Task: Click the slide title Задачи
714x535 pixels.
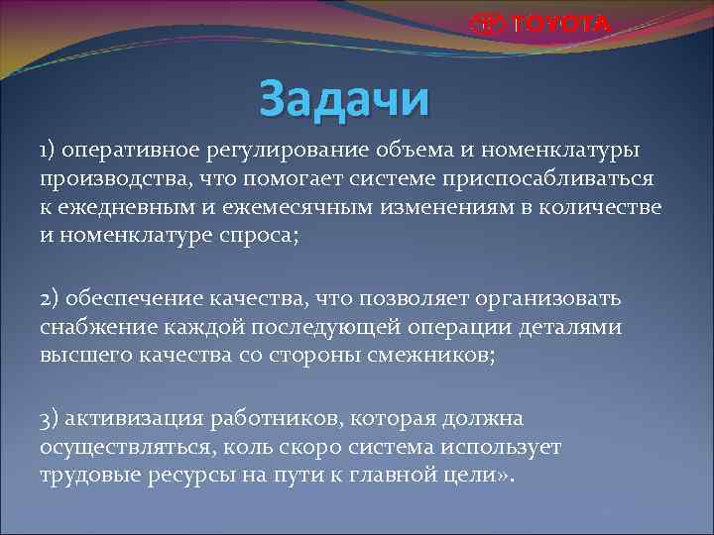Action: click(x=344, y=99)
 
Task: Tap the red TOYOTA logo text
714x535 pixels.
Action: click(x=539, y=24)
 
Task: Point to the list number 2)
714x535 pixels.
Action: click(x=52, y=298)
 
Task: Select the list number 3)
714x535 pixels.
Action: click(x=52, y=419)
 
